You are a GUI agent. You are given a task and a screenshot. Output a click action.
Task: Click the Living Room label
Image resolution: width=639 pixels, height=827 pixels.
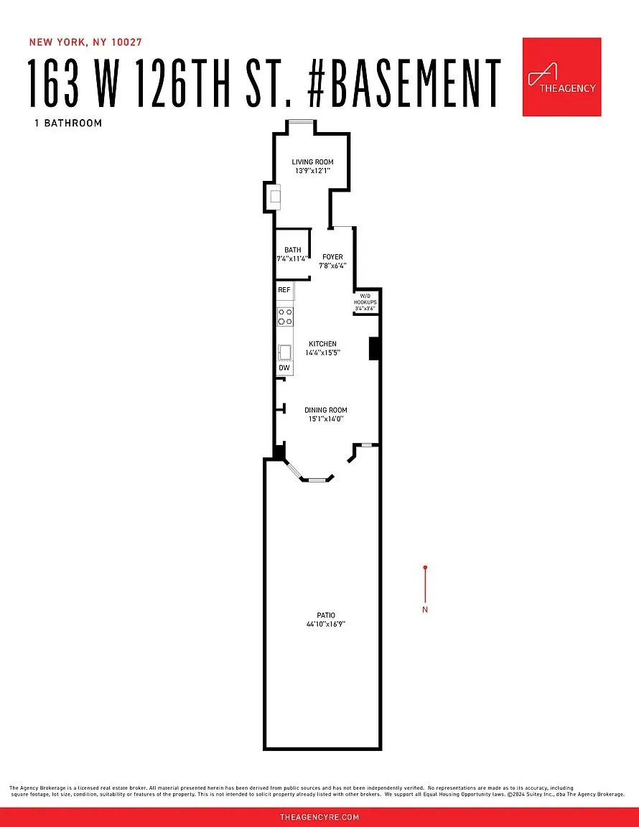pos(312,162)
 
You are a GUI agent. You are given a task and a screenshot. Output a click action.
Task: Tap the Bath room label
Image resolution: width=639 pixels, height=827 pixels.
pos(292,251)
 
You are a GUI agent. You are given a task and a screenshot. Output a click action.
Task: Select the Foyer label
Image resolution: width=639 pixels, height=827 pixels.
pos(332,257)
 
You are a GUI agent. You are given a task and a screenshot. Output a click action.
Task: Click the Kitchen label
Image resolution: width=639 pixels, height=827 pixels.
pos(322,344)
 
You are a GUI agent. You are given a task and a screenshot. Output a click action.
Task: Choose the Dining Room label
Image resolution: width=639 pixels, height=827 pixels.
pos(325,411)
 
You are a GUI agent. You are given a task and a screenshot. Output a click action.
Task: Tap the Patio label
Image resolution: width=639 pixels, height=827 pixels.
pos(325,615)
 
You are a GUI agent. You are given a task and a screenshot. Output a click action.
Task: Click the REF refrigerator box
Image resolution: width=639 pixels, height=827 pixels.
pos(284,290)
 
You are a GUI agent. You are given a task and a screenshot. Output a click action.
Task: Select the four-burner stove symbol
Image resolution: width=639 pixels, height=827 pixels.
pos(285,317)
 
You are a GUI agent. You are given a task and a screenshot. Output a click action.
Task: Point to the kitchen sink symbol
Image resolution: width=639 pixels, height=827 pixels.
pos(285,352)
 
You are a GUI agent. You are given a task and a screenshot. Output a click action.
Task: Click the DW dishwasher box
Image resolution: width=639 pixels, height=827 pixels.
pos(284,368)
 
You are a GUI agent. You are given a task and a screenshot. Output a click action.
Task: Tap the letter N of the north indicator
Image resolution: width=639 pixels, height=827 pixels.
pos(425,610)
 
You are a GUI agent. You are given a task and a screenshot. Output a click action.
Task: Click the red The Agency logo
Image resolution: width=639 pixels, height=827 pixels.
pos(561,77)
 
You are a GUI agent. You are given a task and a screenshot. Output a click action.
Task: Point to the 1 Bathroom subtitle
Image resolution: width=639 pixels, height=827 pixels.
pos(68,123)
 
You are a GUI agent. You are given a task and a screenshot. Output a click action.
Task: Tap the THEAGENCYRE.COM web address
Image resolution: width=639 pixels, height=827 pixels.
pos(319,817)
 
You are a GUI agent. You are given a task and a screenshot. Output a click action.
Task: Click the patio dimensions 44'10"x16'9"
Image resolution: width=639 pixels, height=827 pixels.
pos(325,625)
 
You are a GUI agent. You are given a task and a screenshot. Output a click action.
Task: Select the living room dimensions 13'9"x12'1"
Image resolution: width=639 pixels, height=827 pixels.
pos(312,172)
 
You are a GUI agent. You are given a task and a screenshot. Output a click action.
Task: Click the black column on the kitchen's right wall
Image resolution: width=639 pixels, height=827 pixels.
pos(373,348)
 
